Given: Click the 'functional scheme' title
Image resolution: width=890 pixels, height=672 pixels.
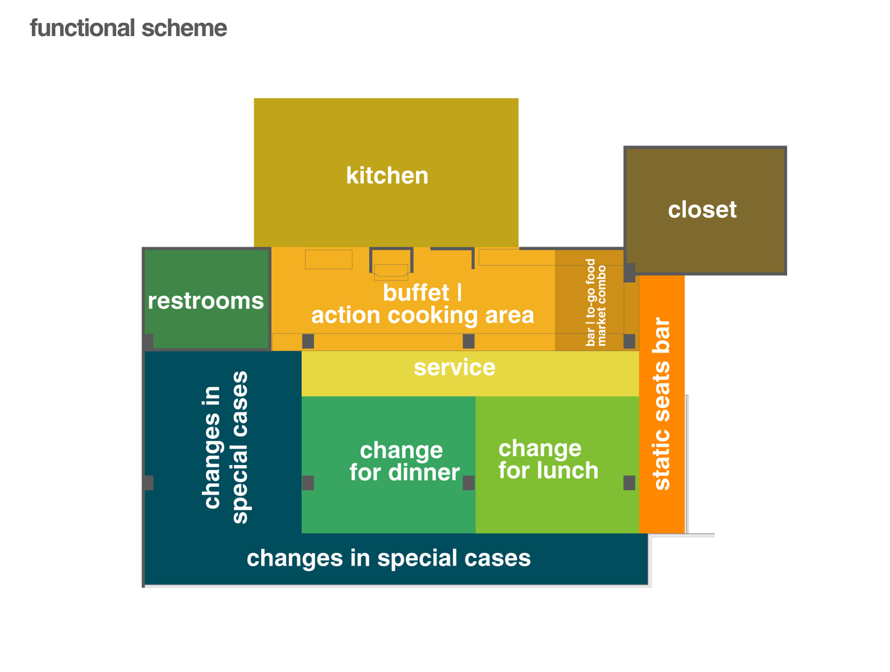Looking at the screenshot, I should point(128,28).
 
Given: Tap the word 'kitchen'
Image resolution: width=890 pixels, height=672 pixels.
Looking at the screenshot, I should point(387,176).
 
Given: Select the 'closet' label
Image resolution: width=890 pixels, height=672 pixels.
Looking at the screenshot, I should point(702,210).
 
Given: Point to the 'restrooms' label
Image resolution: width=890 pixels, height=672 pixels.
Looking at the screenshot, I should point(206,301).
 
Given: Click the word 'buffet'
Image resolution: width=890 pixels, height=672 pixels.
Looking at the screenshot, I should point(416,293).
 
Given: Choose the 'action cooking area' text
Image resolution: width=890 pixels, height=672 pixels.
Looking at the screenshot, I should point(422,315).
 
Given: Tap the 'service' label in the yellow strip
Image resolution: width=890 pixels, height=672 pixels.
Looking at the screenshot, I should point(455,368).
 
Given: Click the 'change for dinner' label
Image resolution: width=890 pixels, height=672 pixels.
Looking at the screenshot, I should point(404,461).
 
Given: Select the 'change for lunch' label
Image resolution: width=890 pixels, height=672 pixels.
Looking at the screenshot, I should point(548,460).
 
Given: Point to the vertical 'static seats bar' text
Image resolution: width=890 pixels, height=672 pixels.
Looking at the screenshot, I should point(661,404).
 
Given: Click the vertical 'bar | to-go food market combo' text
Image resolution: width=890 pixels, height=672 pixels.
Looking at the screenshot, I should point(596,302).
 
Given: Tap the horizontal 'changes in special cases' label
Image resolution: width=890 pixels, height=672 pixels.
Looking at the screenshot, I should point(388,558).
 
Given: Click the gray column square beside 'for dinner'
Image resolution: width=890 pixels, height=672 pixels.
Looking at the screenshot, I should point(468,482).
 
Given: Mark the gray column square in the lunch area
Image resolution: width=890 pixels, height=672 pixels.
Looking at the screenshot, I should point(629,482).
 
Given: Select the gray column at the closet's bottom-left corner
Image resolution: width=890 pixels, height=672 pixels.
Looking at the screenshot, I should point(630,273).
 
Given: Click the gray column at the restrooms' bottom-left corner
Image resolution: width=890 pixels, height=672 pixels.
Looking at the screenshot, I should point(149,341).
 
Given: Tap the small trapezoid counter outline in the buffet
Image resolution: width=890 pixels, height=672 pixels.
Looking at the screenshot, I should point(391,272).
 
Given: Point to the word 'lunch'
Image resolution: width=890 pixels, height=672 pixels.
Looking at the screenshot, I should point(568,470).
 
